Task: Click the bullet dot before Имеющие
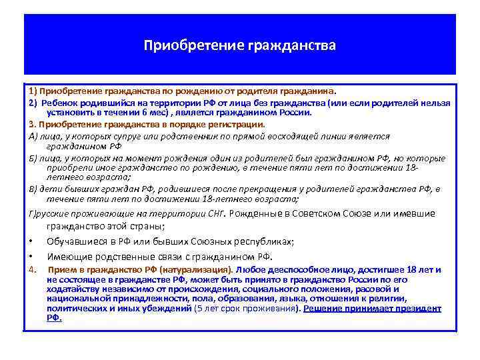point(31,257)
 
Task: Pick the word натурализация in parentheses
point(199,270)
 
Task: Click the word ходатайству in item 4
point(71,289)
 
